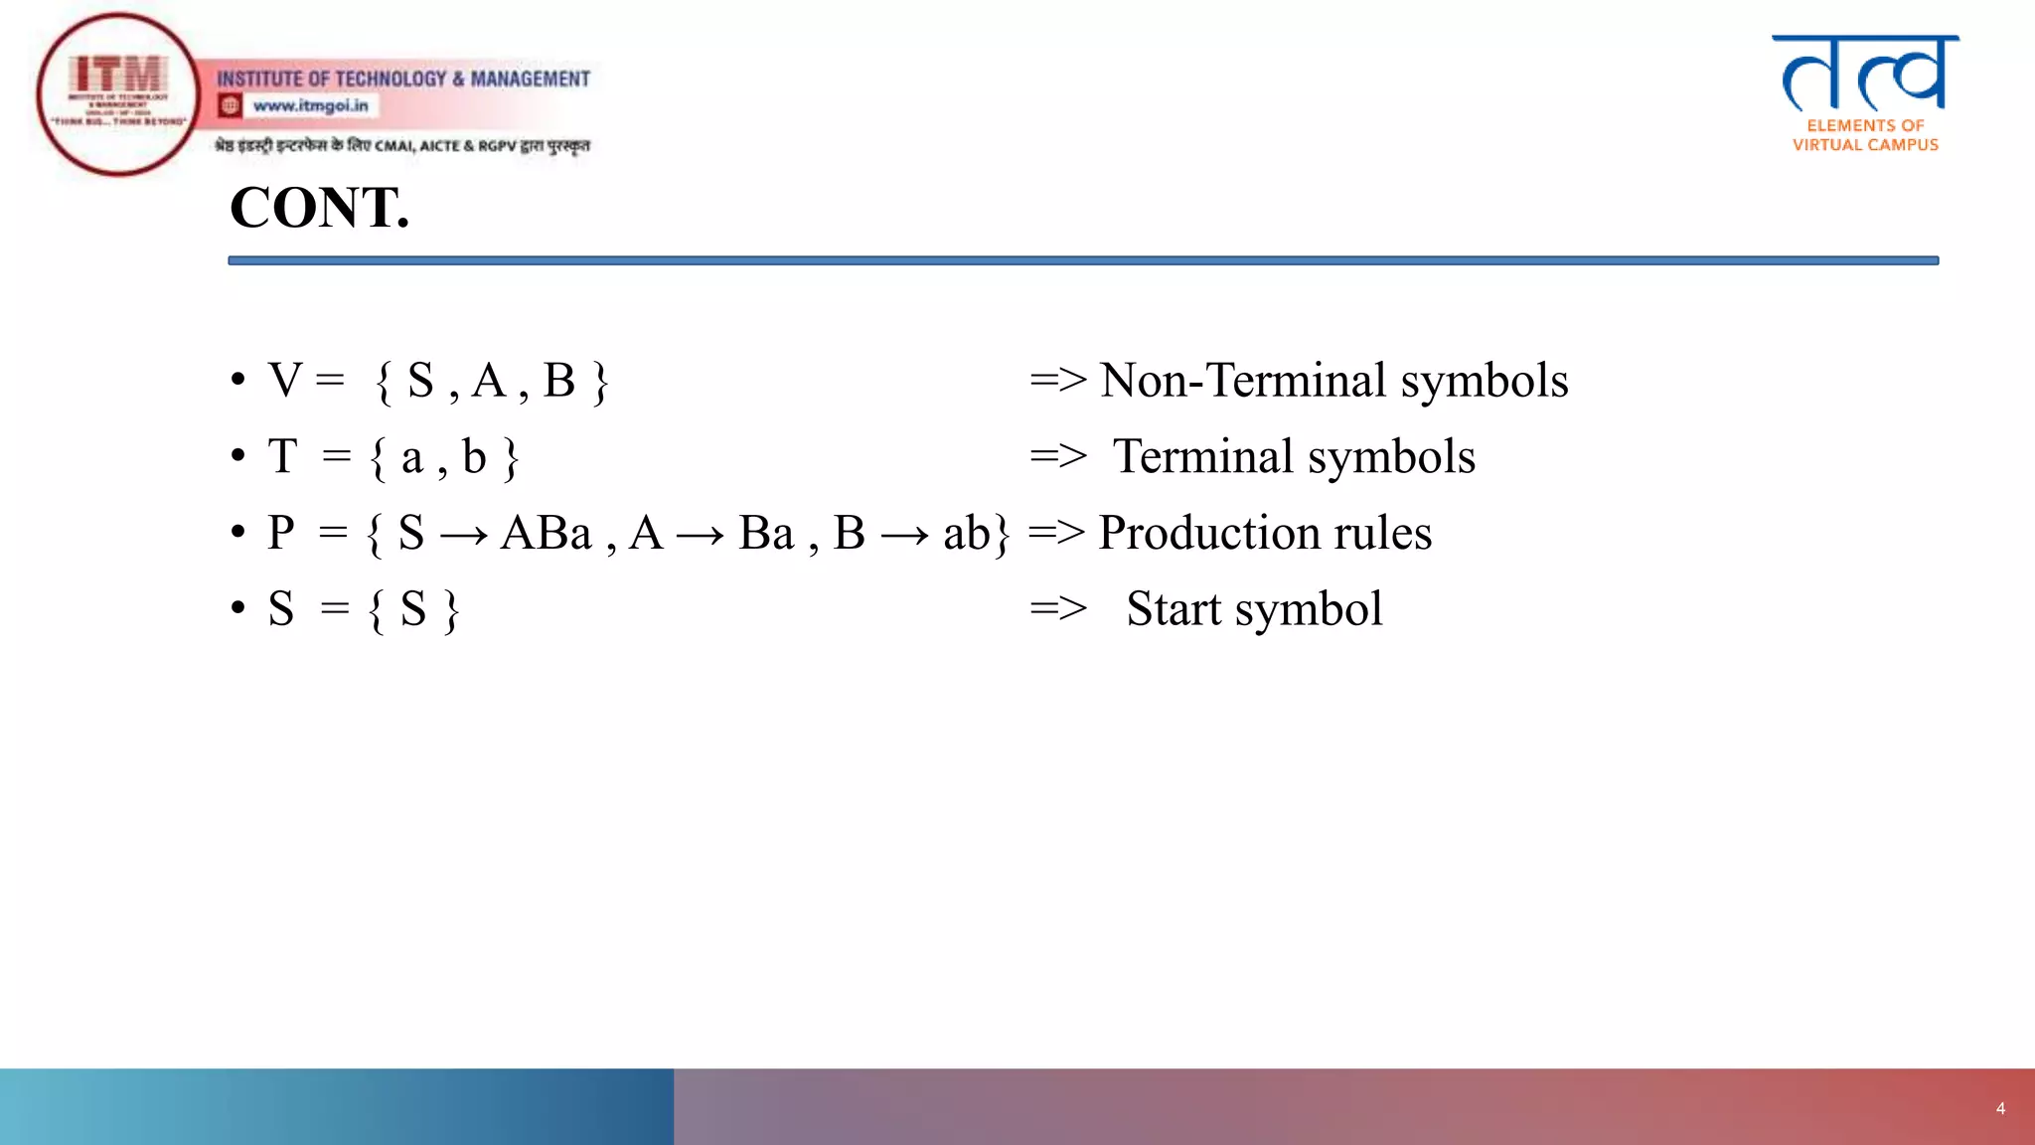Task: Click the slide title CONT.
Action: [x=319, y=208]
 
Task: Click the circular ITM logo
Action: [x=118, y=94]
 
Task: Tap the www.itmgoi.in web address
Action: [x=310, y=105]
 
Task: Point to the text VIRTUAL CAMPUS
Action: [x=1865, y=145]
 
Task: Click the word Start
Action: [x=1174, y=609]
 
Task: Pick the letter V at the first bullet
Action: [x=285, y=381]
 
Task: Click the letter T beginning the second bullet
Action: [x=283, y=457]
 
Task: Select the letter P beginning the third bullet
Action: [x=281, y=534]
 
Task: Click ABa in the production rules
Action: [x=546, y=534]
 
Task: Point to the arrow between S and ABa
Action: [x=463, y=537]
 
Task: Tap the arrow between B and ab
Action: [x=904, y=537]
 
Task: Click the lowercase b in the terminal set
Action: [x=474, y=457]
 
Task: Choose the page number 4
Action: [x=2000, y=1108]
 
